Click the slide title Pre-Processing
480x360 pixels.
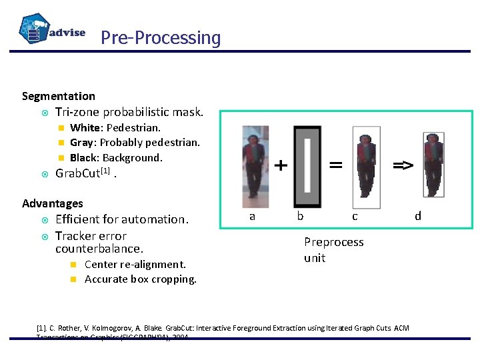pos(160,38)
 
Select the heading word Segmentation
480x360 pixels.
pos(59,96)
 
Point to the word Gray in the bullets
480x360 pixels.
pos(81,142)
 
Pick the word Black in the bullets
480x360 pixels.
pos(83,157)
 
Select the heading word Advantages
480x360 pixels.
pos(53,203)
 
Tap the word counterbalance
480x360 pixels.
pos(99,249)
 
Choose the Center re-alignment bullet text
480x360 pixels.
pos(135,264)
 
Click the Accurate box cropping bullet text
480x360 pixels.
pos(141,279)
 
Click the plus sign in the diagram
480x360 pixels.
pos(281,165)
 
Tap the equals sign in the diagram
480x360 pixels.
pos(336,164)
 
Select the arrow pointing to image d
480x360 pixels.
pos(402,165)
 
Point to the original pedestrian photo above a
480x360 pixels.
pos(255,163)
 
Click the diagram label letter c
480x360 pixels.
pos(355,216)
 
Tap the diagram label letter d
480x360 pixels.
pos(418,215)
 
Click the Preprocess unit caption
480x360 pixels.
pos(333,250)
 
